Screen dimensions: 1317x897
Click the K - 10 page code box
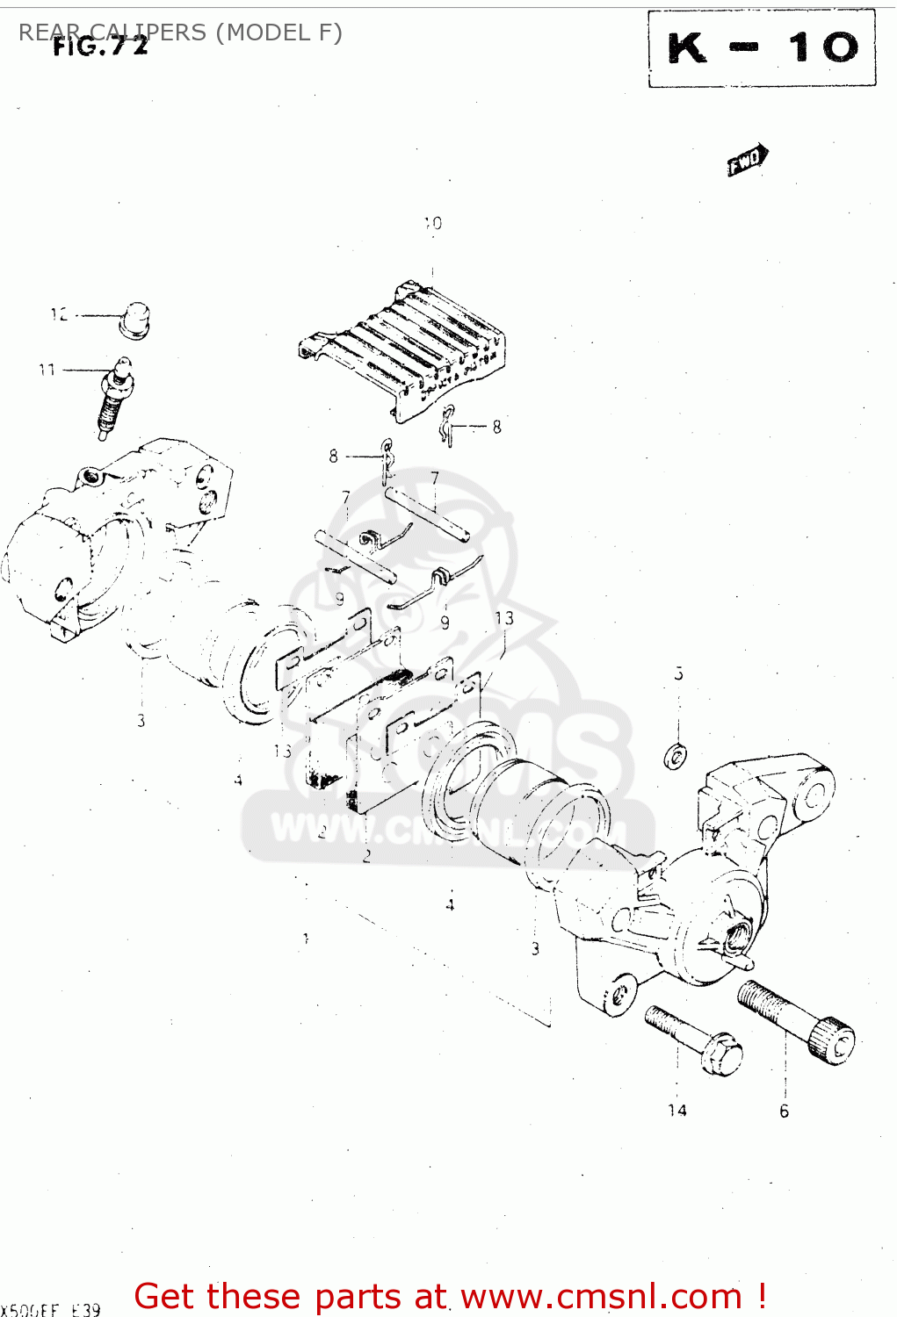point(762,48)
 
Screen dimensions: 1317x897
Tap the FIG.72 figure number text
point(100,47)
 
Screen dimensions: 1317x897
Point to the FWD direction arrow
point(747,161)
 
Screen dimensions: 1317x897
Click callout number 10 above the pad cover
point(433,224)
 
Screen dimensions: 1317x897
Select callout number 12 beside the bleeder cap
point(59,314)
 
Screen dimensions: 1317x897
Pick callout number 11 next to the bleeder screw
point(47,370)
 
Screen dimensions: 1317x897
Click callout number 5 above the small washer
point(678,674)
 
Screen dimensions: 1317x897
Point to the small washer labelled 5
point(676,755)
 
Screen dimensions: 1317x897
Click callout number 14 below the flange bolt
point(676,1111)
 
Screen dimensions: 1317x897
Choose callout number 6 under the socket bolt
point(784,1112)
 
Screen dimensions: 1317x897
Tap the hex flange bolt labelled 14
point(694,1040)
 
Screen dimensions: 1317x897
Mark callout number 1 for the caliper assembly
point(306,939)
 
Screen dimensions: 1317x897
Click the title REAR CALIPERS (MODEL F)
point(180,32)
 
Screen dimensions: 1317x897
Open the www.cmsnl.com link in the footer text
point(602,1297)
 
